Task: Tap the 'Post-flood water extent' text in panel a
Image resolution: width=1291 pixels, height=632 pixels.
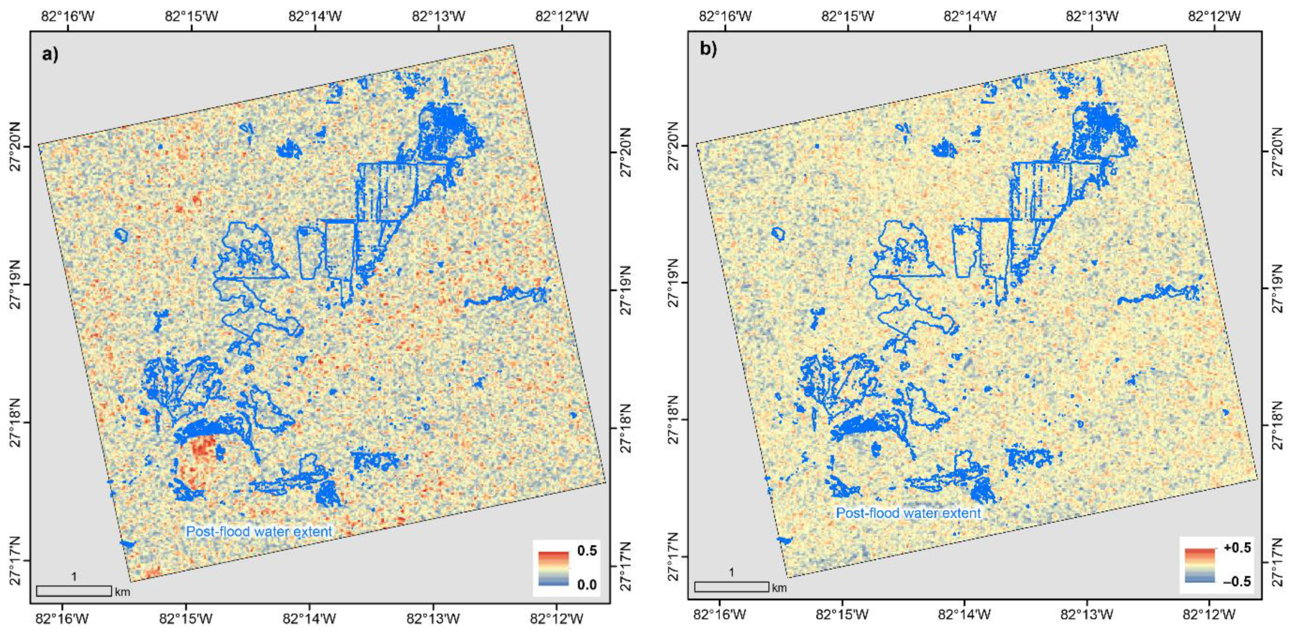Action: click(259, 531)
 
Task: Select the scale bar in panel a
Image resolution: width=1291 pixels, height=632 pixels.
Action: click(74, 591)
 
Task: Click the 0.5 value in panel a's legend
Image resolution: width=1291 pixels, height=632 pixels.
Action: click(586, 551)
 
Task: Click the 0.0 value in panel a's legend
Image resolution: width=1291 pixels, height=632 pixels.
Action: click(586, 584)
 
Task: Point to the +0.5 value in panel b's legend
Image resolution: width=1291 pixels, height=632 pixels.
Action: click(1237, 548)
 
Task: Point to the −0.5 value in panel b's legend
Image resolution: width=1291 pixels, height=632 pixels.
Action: click(1237, 581)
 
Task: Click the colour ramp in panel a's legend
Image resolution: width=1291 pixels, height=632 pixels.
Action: click(553, 568)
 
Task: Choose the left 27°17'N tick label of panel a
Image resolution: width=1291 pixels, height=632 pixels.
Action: click(15, 560)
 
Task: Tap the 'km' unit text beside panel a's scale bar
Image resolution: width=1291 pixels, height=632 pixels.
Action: click(122, 592)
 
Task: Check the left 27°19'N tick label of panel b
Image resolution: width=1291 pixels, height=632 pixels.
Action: click(673, 283)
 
